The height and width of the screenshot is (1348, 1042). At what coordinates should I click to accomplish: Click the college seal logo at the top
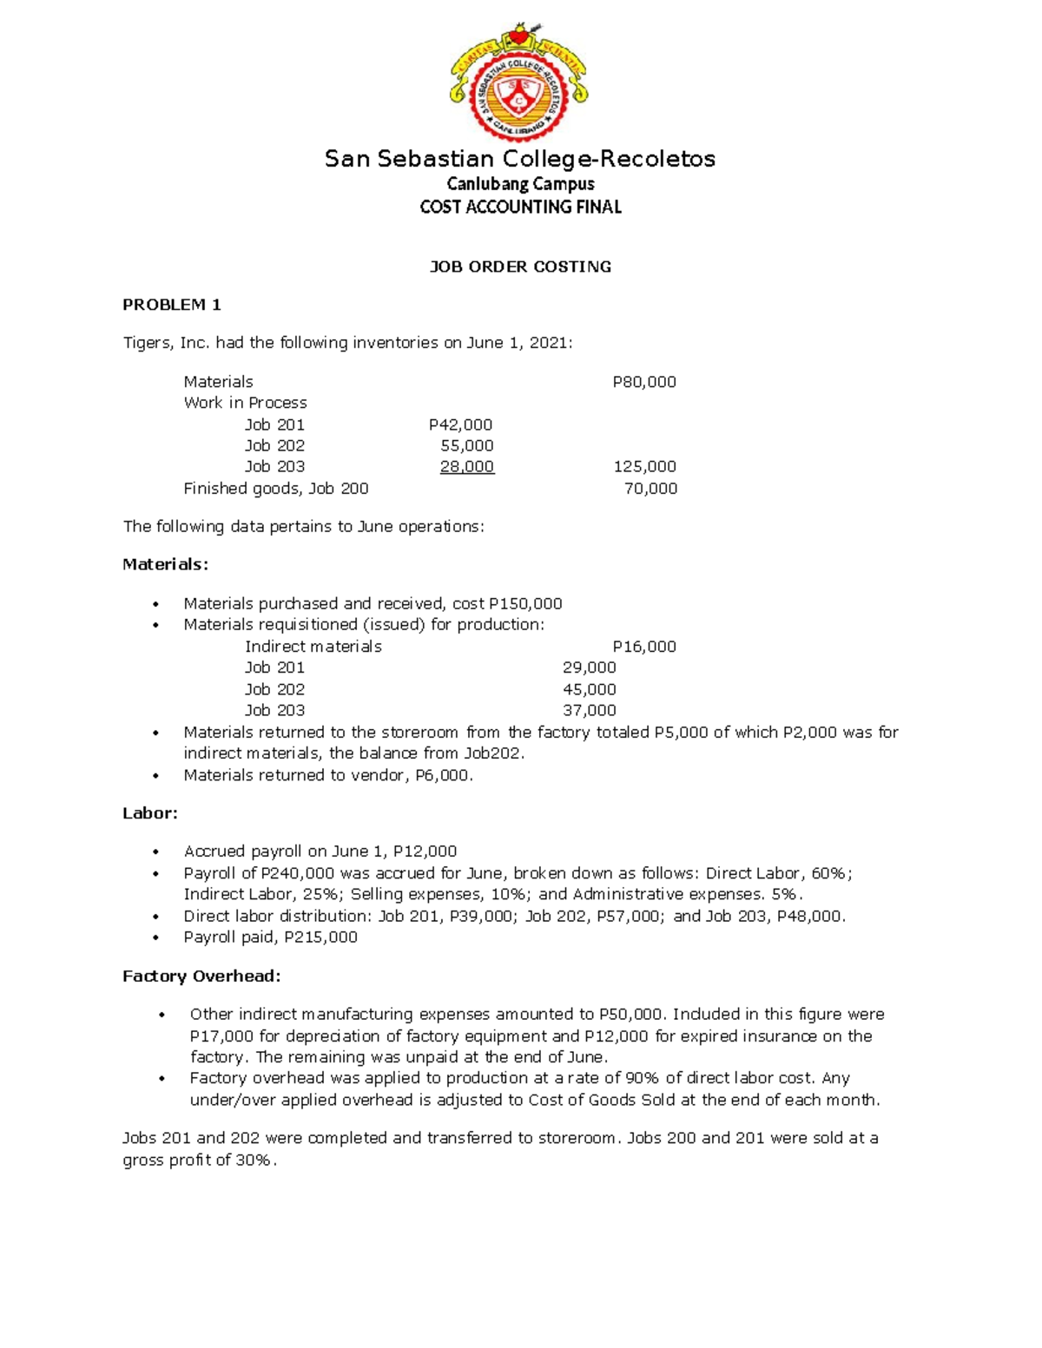click(519, 82)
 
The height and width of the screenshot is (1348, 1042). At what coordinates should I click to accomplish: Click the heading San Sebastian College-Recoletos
click(519, 159)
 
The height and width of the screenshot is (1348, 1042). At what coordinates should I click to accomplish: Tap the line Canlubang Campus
click(520, 184)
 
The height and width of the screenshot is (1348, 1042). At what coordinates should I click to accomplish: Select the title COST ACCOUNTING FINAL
click(520, 207)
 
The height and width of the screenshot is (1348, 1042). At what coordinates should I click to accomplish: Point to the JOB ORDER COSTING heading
click(520, 266)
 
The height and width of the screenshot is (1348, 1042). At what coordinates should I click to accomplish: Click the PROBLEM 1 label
click(172, 305)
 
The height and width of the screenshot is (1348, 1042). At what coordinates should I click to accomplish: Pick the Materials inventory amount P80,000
click(643, 382)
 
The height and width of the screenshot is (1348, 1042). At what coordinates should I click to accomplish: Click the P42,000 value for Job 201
click(460, 424)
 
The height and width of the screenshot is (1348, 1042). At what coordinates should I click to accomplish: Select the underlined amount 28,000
click(466, 467)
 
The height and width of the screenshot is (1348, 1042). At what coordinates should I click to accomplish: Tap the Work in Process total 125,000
click(644, 467)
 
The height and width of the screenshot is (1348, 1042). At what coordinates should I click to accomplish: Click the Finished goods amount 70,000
click(650, 489)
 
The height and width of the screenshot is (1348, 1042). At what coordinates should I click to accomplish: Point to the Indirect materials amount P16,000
click(643, 647)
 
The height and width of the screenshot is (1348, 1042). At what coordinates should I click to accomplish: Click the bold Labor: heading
click(150, 813)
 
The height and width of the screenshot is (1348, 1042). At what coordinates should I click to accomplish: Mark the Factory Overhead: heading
click(201, 976)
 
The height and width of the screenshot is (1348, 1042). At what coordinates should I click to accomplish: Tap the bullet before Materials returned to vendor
click(155, 776)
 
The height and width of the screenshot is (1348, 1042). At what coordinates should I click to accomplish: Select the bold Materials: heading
click(165, 565)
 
